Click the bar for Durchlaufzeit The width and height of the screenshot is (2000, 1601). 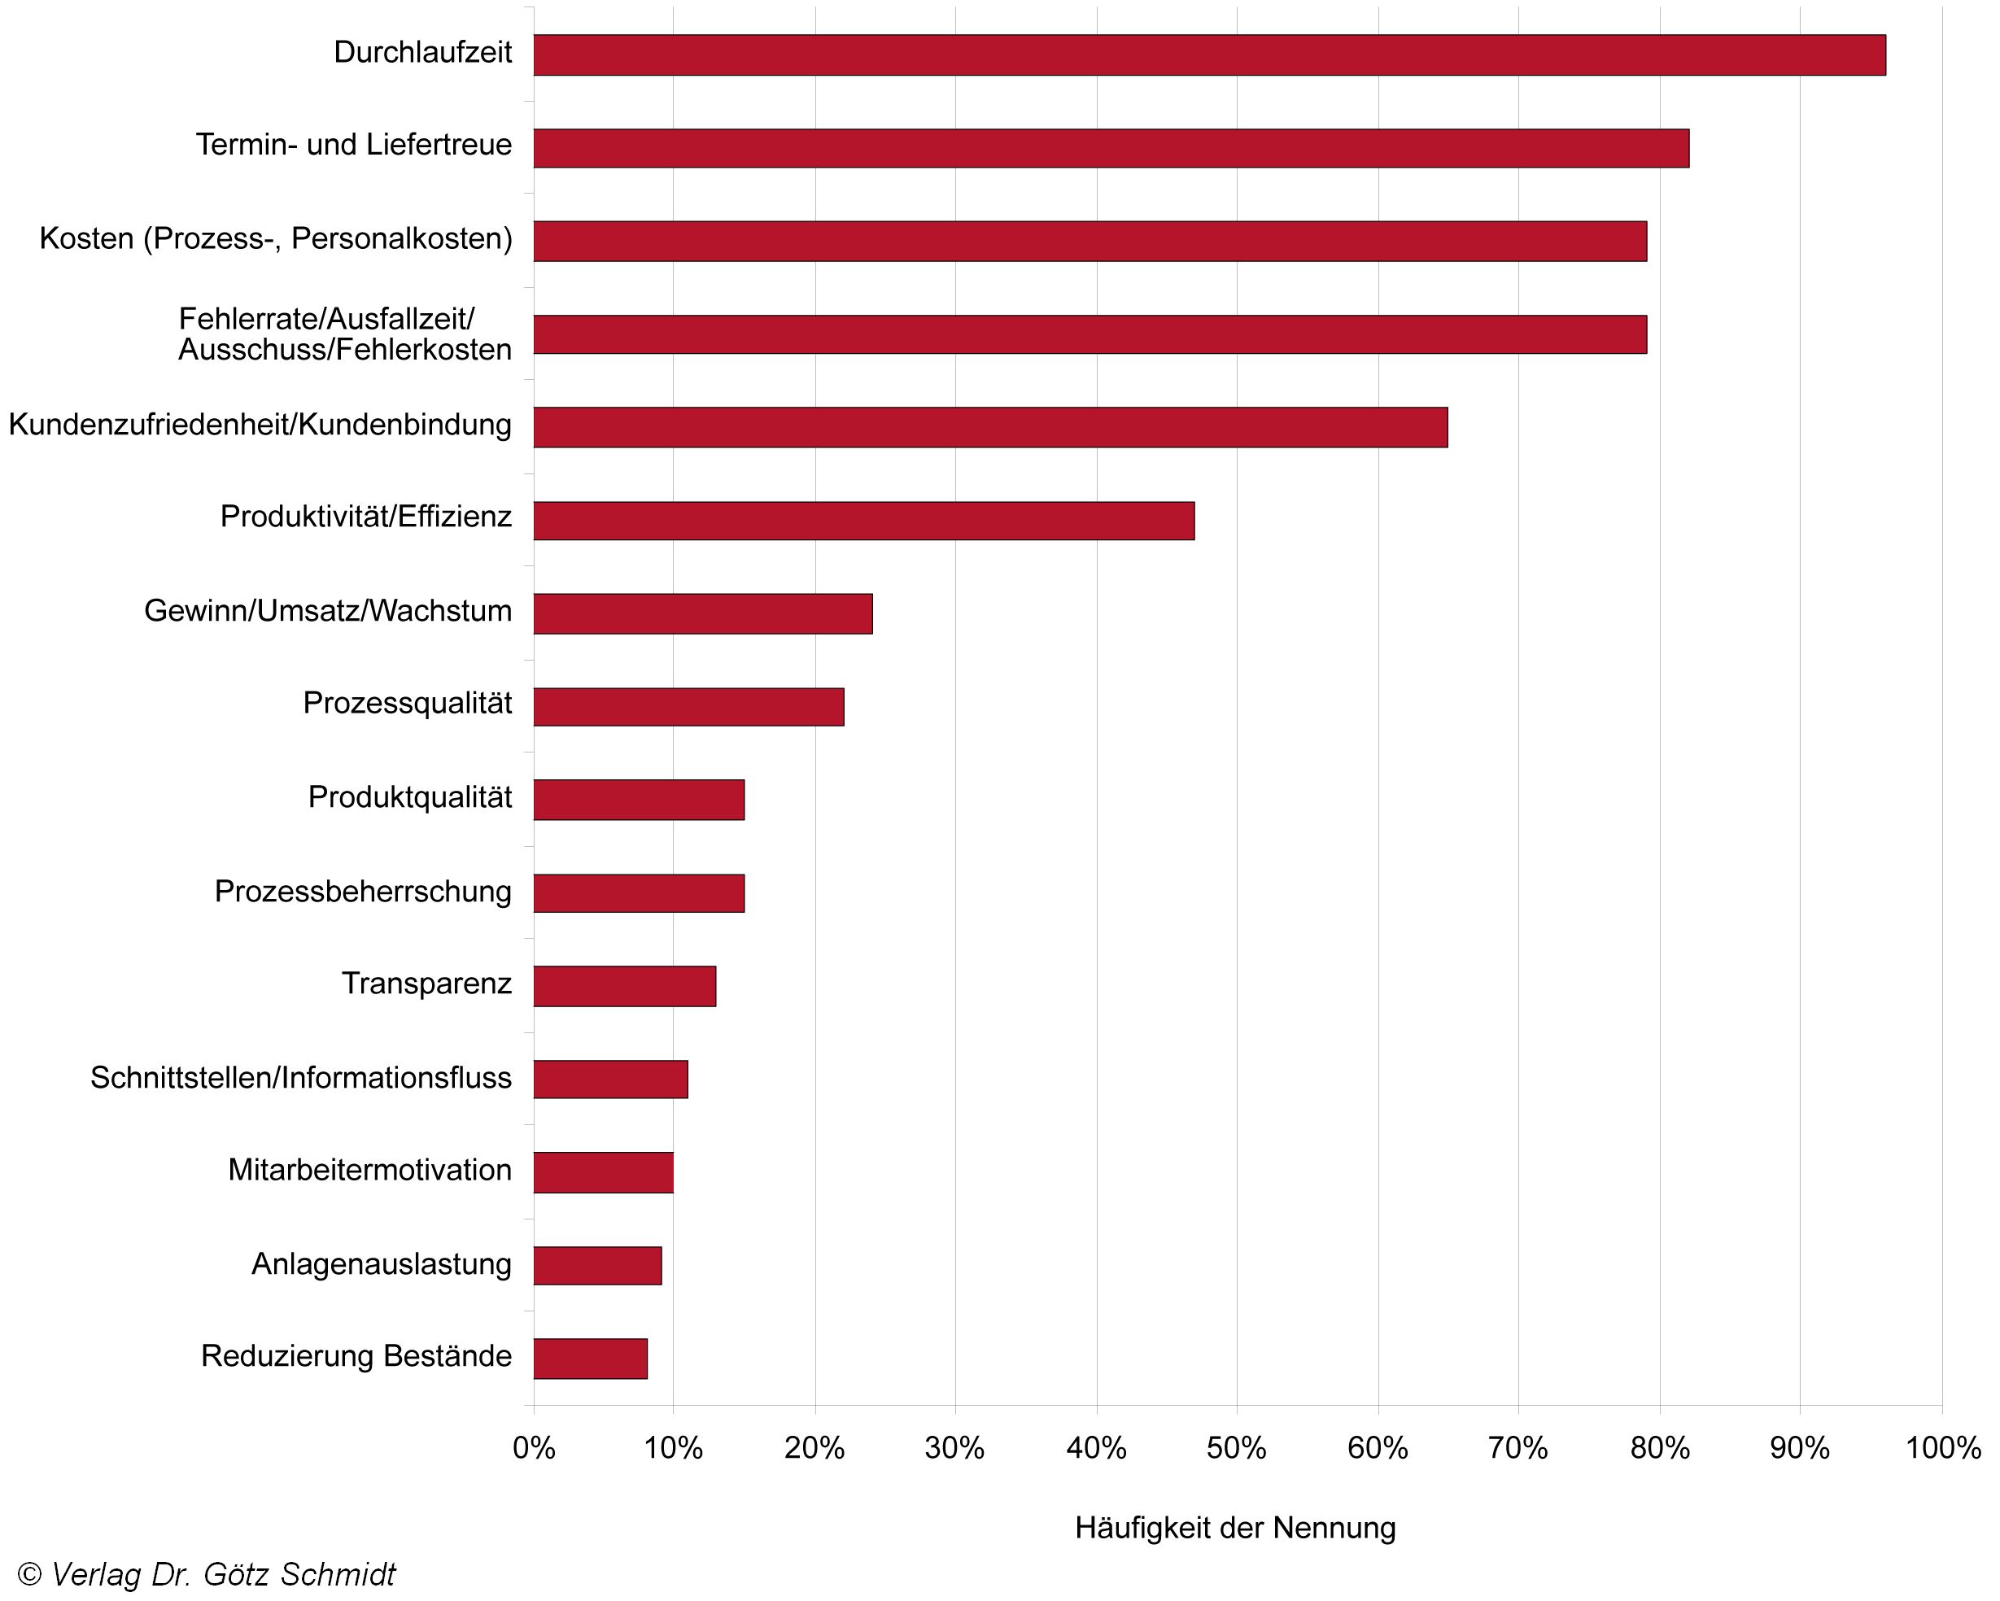(x=1209, y=55)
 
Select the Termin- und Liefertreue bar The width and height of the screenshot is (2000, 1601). (x=1111, y=148)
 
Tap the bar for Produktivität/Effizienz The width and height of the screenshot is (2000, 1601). (x=863, y=521)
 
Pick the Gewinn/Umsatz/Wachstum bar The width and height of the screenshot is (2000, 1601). (x=702, y=614)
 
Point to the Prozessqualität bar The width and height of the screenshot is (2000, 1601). (x=688, y=707)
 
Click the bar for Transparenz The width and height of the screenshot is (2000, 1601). (x=624, y=986)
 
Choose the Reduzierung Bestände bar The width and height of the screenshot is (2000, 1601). (x=590, y=1359)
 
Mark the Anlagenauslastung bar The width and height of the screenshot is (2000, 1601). (x=597, y=1265)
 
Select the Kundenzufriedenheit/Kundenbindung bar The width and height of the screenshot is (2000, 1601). (x=989, y=426)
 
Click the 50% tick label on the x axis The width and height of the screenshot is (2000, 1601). (x=1236, y=1448)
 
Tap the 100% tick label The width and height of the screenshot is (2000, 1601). (x=1942, y=1448)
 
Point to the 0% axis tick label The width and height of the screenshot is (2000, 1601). (x=534, y=1448)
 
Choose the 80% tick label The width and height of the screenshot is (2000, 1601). (x=1660, y=1448)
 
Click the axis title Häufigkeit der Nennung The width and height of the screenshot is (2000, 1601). (x=1234, y=1528)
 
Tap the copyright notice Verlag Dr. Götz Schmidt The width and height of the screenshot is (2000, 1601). (x=207, y=1574)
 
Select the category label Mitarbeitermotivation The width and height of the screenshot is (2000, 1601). (x=369, y=1170)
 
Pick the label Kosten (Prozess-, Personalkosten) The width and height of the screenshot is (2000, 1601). (x=276, y=238)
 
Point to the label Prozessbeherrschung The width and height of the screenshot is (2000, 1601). (x=363, y=891)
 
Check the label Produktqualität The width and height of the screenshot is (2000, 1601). (x=409, y=796)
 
